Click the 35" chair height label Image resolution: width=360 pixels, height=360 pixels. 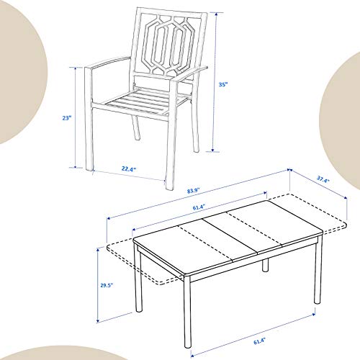click(223, 84)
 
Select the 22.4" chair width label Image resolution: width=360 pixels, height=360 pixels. click(129, 170)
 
